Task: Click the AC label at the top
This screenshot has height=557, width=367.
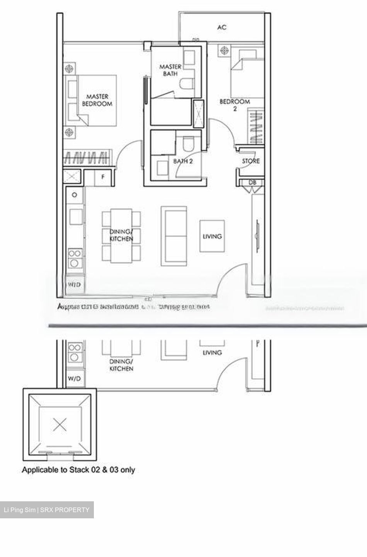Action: (x=222, y=27)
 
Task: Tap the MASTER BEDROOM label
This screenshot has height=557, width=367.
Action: (x=97, y=100)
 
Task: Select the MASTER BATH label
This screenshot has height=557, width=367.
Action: (x=170, y=70)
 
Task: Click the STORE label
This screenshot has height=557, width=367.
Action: (x=251, y=161)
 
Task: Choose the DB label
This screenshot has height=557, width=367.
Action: (x=252, y=183)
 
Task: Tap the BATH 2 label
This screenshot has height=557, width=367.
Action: (x=183, y=161)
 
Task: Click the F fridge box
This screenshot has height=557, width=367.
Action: (x=103, y=177)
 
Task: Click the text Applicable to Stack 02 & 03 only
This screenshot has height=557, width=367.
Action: (x=78, y=470)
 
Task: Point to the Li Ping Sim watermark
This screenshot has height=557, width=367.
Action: (x=46, y=510)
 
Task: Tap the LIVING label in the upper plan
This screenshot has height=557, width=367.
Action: (x=212, y=236)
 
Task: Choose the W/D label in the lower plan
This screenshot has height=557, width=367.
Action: (x=74, y=379)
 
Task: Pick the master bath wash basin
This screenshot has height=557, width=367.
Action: (x=189, y=58)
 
